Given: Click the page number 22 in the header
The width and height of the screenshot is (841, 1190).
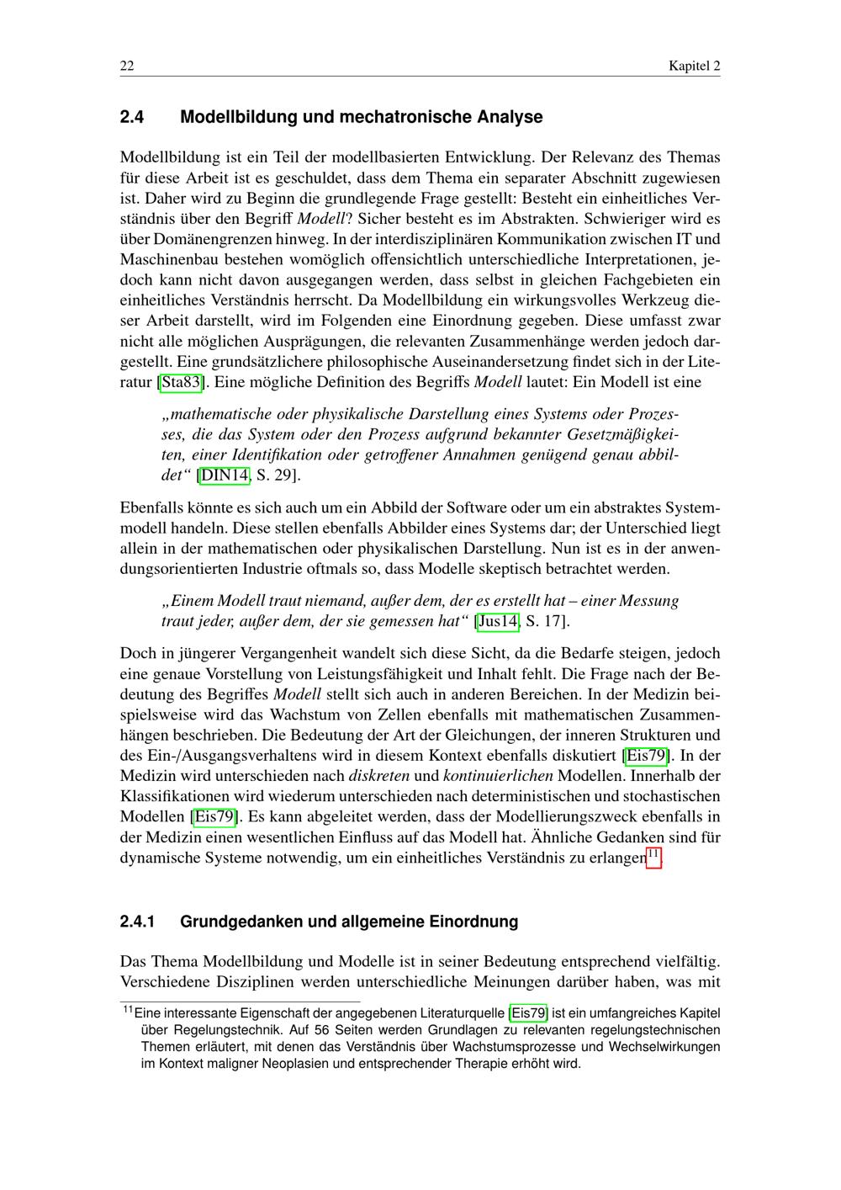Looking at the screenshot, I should [x=127, y=66].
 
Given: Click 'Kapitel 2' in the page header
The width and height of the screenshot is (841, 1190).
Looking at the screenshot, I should [x=694, y=66].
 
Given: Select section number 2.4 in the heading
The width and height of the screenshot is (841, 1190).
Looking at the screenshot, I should [x=132, y=117].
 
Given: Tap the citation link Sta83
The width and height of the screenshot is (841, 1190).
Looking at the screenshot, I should [x=182, y=382].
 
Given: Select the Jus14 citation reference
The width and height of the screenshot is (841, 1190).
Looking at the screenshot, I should [x=497, y=622].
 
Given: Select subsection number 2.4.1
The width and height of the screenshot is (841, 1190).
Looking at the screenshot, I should [x=138, y=922].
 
